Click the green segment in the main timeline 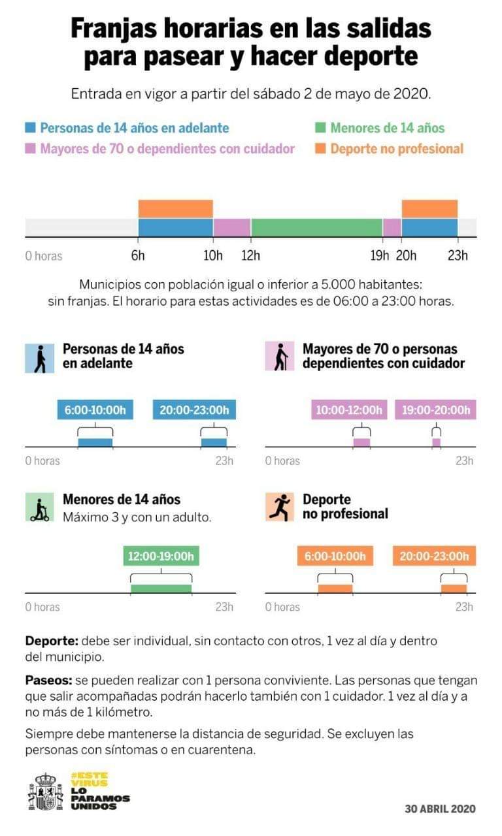316,227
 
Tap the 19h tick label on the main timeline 379,255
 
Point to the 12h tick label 250,255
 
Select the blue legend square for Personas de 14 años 30,128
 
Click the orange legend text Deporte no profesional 397,148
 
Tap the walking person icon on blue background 40,357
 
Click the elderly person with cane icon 280,357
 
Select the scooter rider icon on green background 40,507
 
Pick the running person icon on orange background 280,507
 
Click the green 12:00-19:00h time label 161,556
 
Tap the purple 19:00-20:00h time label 436,410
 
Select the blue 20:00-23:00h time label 194,410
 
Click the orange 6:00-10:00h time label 335,556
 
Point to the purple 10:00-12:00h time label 348,410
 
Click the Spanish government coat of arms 45,792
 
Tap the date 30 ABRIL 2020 440,809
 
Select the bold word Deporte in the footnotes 52,641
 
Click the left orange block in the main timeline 175,208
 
